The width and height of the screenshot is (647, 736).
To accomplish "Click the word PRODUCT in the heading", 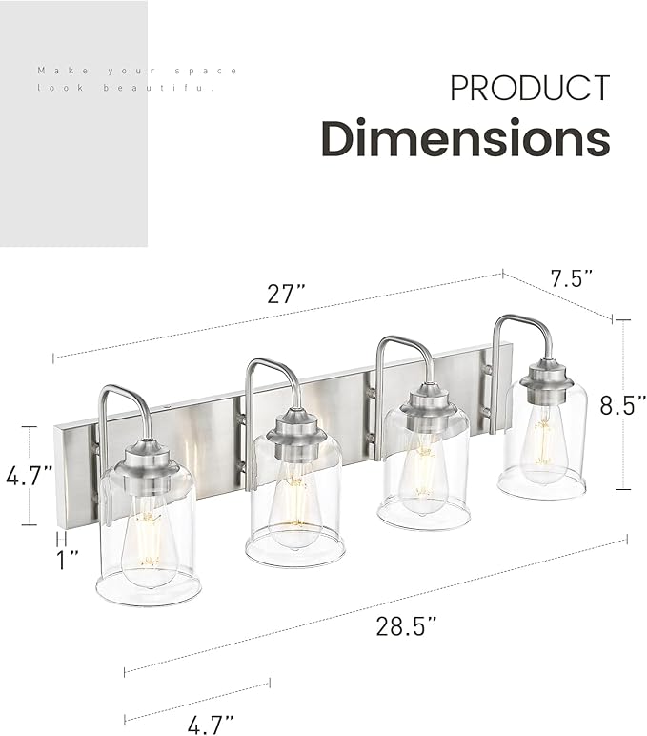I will click(529, 88).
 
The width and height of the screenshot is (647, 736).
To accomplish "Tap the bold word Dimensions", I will click(465, 138).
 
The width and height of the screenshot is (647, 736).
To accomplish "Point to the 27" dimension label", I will click(286, 295).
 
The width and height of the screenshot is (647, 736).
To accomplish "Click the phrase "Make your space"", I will click(137, 71).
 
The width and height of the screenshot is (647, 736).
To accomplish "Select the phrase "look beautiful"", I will click(126, 88).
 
